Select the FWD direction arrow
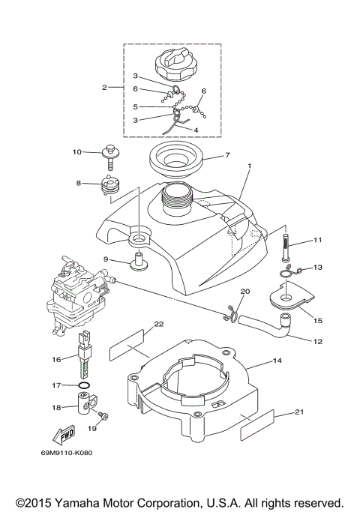coord(64,435)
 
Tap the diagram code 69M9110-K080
coord(67,453)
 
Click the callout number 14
coord(277,361)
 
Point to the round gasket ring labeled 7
coord(176,160)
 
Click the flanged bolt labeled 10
coord(111,157)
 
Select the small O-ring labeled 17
coord(84,385)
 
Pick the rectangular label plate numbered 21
coord(257,425)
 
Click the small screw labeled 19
coord(103,415)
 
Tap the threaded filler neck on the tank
coord(178,199)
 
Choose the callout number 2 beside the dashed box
coord(104,88)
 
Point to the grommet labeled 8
coord(110,185)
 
